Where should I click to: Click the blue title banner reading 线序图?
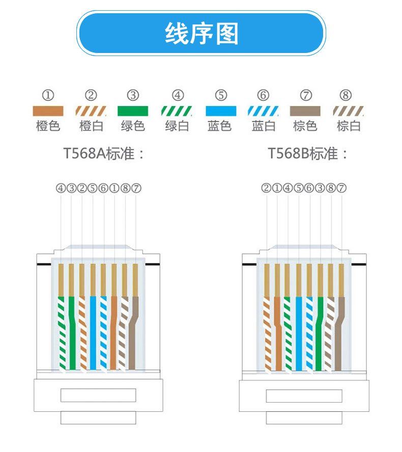(x=201, y=34)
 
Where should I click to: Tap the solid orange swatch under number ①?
(x=48, y=111)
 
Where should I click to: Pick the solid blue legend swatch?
(x=221, y=111)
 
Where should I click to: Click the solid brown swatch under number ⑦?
(x=305, y=111)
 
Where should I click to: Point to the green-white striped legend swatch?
(x=177, y=111)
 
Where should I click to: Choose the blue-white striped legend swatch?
(x=263, y=111)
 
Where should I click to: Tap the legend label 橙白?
(x=91, y=126)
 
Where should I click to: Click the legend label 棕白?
(x=349, y=126)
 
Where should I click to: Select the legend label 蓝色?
(x=220, y=126)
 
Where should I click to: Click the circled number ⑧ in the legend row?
(x=346, y=95)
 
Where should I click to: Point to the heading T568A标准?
(x=104, y=153)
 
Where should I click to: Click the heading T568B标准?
(x=308, y=153)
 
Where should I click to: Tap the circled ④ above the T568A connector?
(x=61, y=188)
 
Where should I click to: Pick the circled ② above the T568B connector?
(x=266, y=188)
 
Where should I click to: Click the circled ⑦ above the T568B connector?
(x=341, y=188)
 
